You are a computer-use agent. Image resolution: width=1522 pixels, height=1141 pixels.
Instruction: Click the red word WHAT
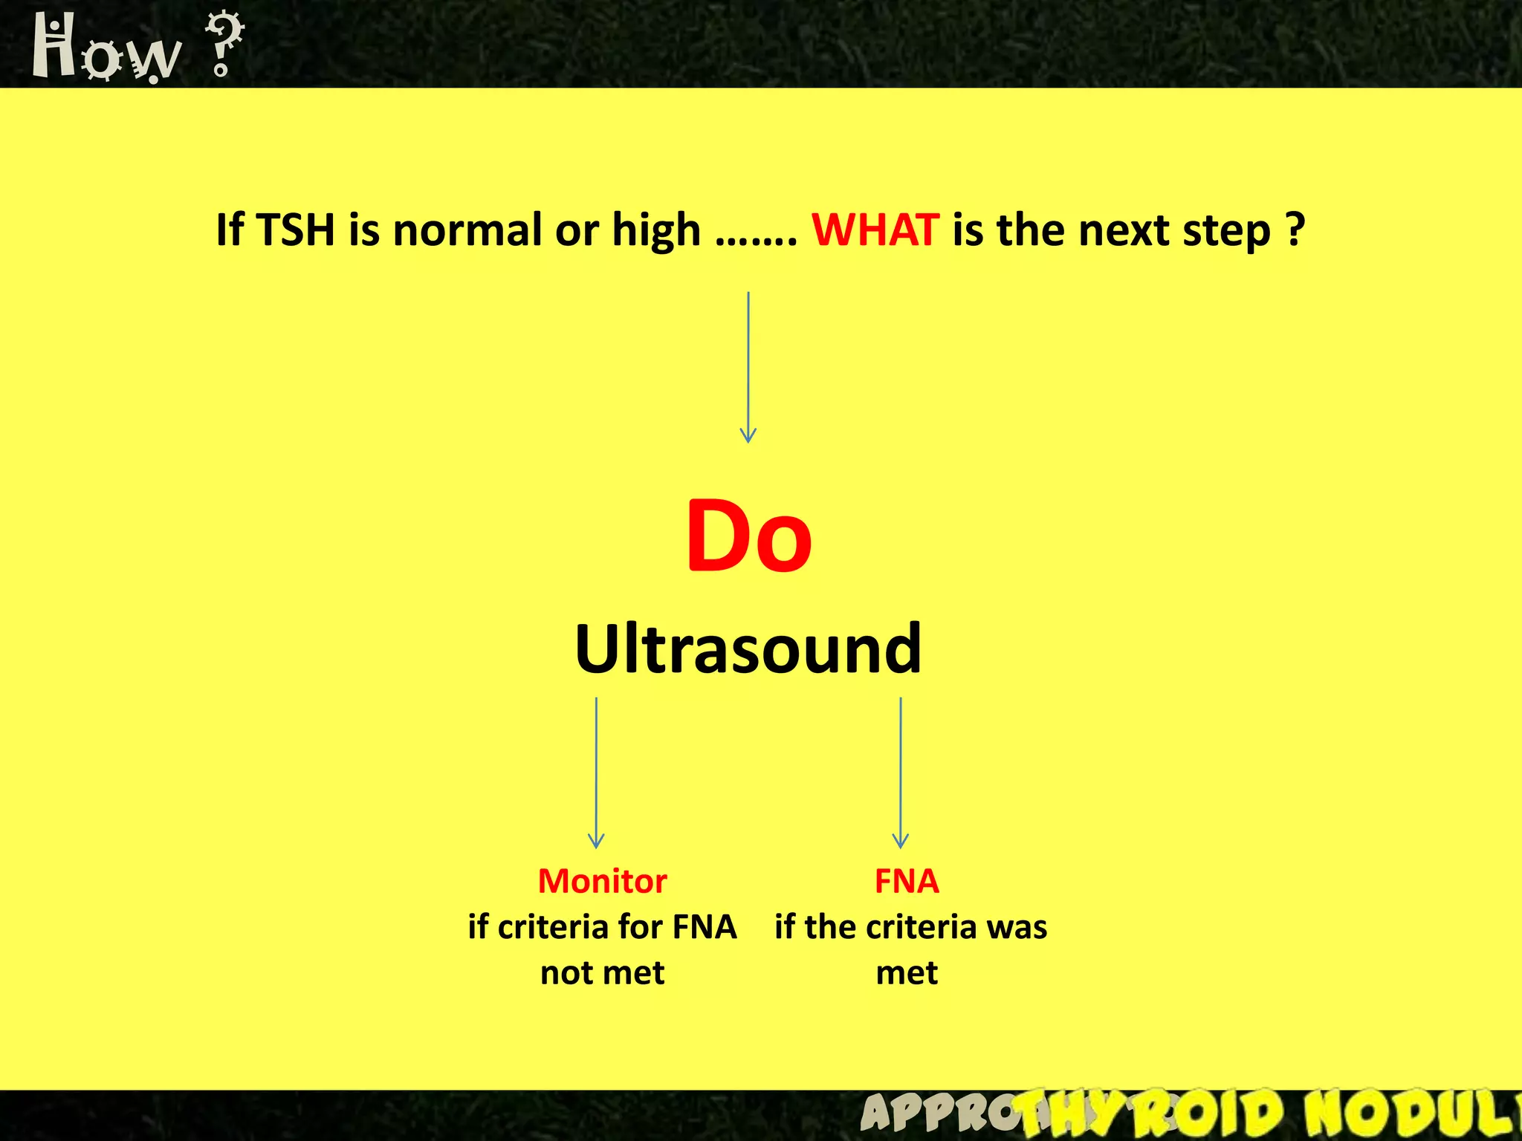(875, 230)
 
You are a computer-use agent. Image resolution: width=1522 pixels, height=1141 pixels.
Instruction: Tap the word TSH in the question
(296, 230)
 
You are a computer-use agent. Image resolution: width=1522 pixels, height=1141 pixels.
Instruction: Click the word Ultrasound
(748, 649)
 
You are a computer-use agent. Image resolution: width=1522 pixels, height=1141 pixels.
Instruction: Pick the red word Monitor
(602, 882)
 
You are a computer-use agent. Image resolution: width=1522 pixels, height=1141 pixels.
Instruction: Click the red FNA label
(907, 882)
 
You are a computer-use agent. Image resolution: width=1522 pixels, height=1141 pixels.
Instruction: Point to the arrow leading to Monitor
(596, 773)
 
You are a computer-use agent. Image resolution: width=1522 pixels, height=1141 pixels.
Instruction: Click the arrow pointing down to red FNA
(901, 773)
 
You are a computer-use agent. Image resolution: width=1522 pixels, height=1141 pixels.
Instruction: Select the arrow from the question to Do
(748, 368)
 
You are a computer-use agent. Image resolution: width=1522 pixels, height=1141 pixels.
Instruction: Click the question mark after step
(1295, 230)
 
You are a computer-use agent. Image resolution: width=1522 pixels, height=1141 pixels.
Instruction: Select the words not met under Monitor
(602, 973)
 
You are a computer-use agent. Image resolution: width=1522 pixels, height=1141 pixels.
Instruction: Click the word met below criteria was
(907, 973)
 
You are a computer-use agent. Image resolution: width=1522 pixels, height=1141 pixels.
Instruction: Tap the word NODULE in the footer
(1412, 1114)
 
